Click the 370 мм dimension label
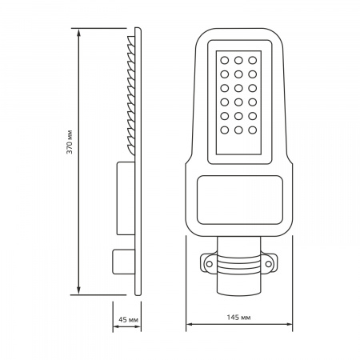pyautogui.click(x=70, y=145)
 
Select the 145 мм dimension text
pyautogui.click(x=238, y=318)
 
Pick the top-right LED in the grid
pyautogui.click(x=253, y=59)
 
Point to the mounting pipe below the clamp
pyautogui.click(x=238, y=282)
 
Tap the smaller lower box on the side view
pyautogui.click(x=122, y=261)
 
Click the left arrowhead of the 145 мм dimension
pyautogui.click(x=189, y=326)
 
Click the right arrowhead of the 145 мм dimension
pyautogui.click(x=290, y=326)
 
